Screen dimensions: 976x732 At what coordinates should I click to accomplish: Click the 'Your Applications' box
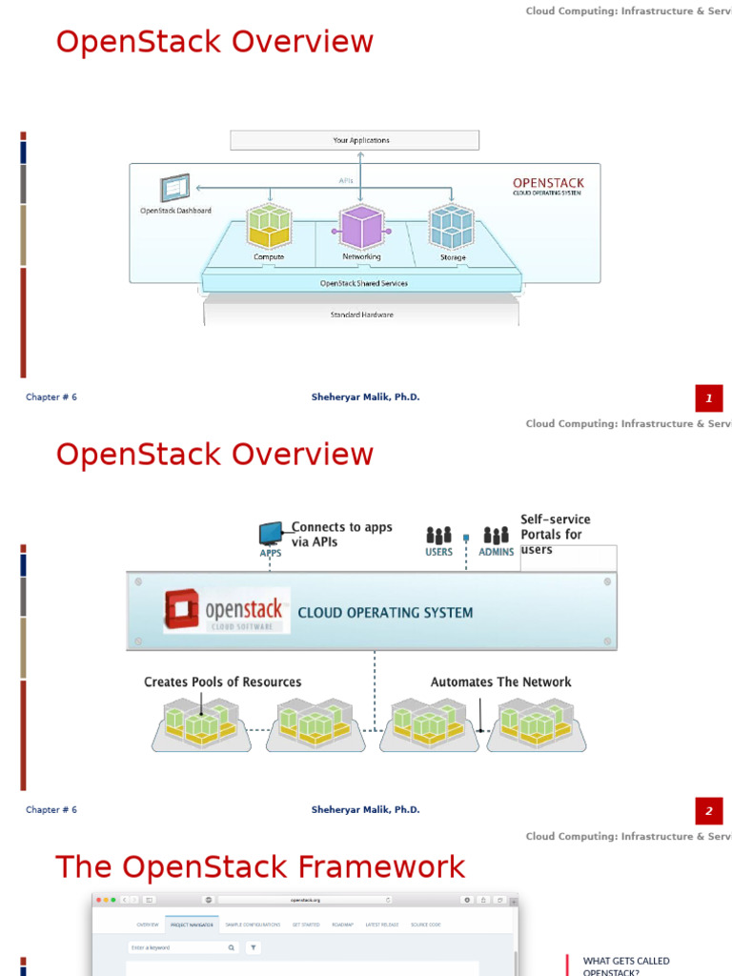tap(355, 140)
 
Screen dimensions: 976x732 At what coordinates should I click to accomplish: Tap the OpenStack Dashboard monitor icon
tap(175, 189)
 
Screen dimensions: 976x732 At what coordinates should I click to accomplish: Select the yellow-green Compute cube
tap(269, 227)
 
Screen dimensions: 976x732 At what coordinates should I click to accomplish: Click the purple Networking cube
tap(361, 228)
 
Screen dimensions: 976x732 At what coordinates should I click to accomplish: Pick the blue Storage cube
tap(452, 227)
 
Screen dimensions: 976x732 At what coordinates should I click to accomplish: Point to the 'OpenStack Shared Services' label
tap(363, 283)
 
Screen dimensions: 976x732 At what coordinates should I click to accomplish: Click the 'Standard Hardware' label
tap(361, 315)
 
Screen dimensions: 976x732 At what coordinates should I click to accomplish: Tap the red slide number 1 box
tap(709, 398)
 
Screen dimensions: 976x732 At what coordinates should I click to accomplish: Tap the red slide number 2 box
tap(709, 812)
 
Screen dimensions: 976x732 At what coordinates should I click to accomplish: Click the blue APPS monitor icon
tap(271, 533)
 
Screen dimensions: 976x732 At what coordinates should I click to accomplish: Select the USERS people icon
tap(438, 536)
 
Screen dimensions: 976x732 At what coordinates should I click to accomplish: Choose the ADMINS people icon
tap(496, 536)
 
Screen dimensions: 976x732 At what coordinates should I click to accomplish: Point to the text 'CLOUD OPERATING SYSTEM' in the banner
tap(385, 613)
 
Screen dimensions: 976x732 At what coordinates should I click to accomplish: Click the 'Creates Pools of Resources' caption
tap(222, 682)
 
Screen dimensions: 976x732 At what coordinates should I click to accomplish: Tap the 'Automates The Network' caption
tap(500, 682)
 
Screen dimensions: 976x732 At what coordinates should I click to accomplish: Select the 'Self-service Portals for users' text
tap(555, 534)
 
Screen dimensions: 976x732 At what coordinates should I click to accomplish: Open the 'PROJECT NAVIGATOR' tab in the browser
tap(193, 925)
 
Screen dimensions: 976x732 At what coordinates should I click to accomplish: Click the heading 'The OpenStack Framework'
tap(260, 867)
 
